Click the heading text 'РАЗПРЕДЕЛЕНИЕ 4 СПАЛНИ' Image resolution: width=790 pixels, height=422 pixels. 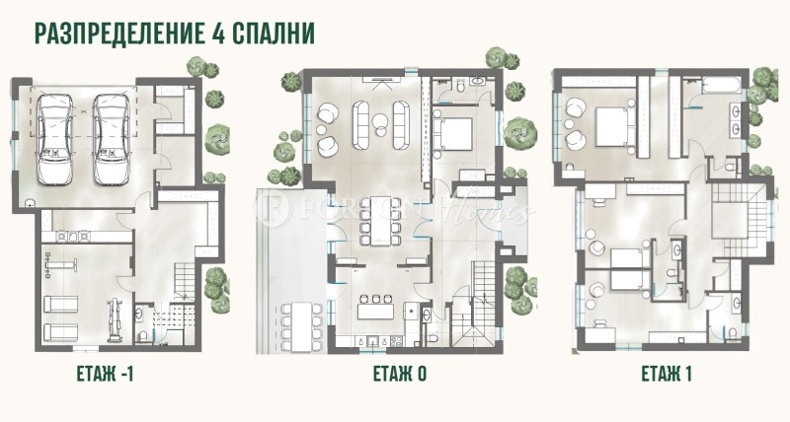174,33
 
